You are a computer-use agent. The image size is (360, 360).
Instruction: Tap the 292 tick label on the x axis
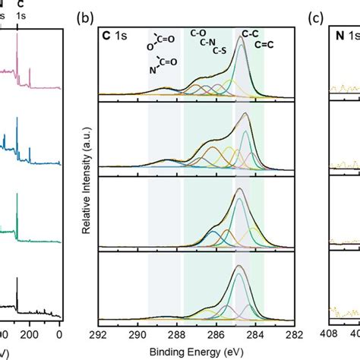click(98, 333)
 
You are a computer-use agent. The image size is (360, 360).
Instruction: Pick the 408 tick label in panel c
click(329, 333)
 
